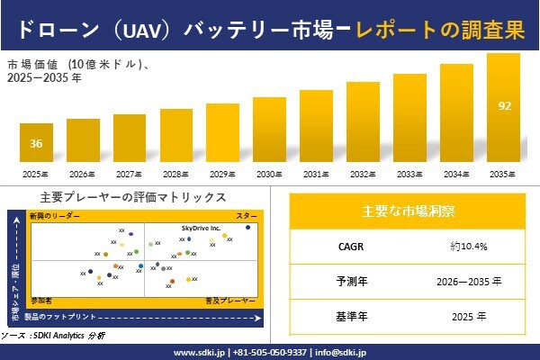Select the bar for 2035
503,107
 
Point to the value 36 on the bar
36,144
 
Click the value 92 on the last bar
504,106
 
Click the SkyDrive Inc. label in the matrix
201,229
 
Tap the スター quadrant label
246,217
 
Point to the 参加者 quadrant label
41,298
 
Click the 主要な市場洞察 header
408,211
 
